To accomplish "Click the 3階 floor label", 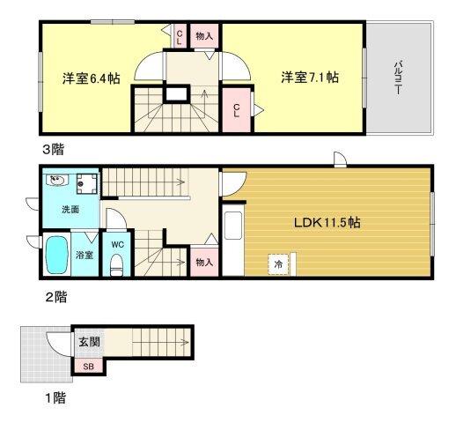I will [x=55, y=149].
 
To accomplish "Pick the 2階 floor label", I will [x=55, y=295].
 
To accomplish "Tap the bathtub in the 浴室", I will [x=57, y=256].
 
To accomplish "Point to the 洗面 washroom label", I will [x=70, y=210].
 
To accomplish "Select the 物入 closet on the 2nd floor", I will [x=204, y=262].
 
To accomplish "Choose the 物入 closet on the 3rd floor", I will [x=204, y=35].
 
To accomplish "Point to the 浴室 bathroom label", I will [x=85, y=256].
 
